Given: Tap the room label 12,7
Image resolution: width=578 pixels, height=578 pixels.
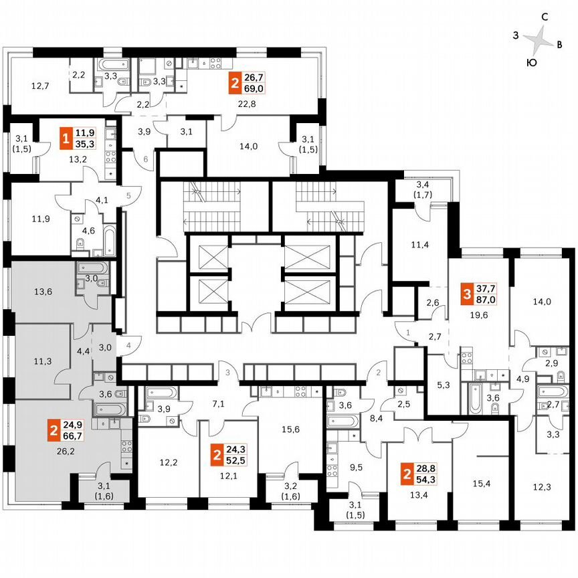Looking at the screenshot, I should [x=40, y=86].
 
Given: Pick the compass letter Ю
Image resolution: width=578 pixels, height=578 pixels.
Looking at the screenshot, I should [x=531, y=63].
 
